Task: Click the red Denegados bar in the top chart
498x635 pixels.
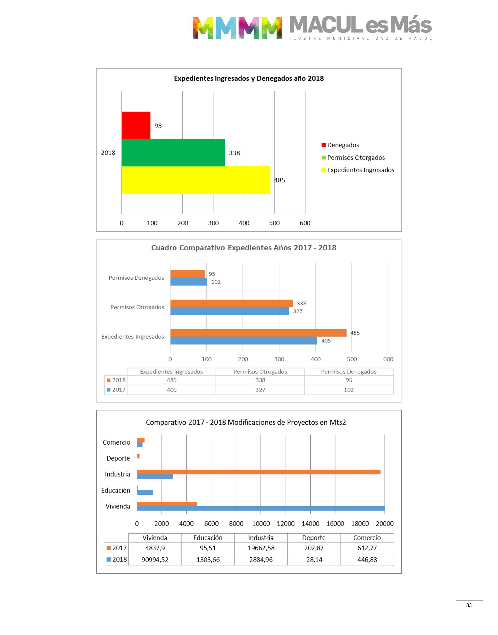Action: [x=136, y=125]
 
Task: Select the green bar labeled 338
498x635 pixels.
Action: [x=173, y=153]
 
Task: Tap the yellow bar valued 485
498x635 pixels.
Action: [x=196, y=180]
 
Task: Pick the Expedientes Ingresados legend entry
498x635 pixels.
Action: [x=360, y=170]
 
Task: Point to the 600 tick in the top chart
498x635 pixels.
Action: [x=305, y=223]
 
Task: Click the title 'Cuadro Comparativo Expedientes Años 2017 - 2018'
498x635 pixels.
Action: [x=244, y=248]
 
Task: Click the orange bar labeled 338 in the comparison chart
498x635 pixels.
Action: [x=231, y=303]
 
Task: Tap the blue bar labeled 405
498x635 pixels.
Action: [x=244, y=341]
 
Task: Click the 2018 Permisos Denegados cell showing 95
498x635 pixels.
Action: [x=349, y=380]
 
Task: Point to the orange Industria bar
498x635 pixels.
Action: [x=258, y=472]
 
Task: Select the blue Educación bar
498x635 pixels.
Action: [x=145, y=492]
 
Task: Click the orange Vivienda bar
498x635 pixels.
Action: [x=167, y=504]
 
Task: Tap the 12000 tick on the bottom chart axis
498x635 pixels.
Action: [x=285, y=523]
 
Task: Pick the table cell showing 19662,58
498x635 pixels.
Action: [x=261, y=548]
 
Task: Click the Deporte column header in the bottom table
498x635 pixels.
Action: [x=314, y=538]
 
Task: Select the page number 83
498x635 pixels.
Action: [x=469, y=605]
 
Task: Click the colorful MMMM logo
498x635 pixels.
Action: [x=237, y=28]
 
